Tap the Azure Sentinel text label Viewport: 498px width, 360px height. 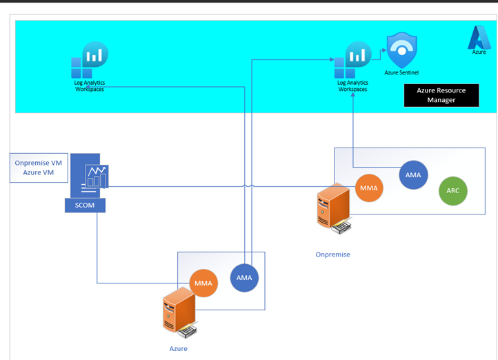coord(401,72)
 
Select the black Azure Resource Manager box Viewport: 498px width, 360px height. coord(441,95)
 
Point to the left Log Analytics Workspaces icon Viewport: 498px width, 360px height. coord(90,61)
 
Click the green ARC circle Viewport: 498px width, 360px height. coord(452,191)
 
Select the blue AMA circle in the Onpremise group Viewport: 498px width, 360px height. coord(412,175)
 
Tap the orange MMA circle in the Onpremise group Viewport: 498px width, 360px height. coord(369,188)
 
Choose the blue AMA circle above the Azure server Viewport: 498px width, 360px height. coord(244,278)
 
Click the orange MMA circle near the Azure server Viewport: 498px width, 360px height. coord(203,283)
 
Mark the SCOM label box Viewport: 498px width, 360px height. coord(85,205)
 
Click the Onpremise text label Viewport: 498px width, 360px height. coord(332,254)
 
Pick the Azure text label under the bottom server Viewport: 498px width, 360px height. coord(178,349)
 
